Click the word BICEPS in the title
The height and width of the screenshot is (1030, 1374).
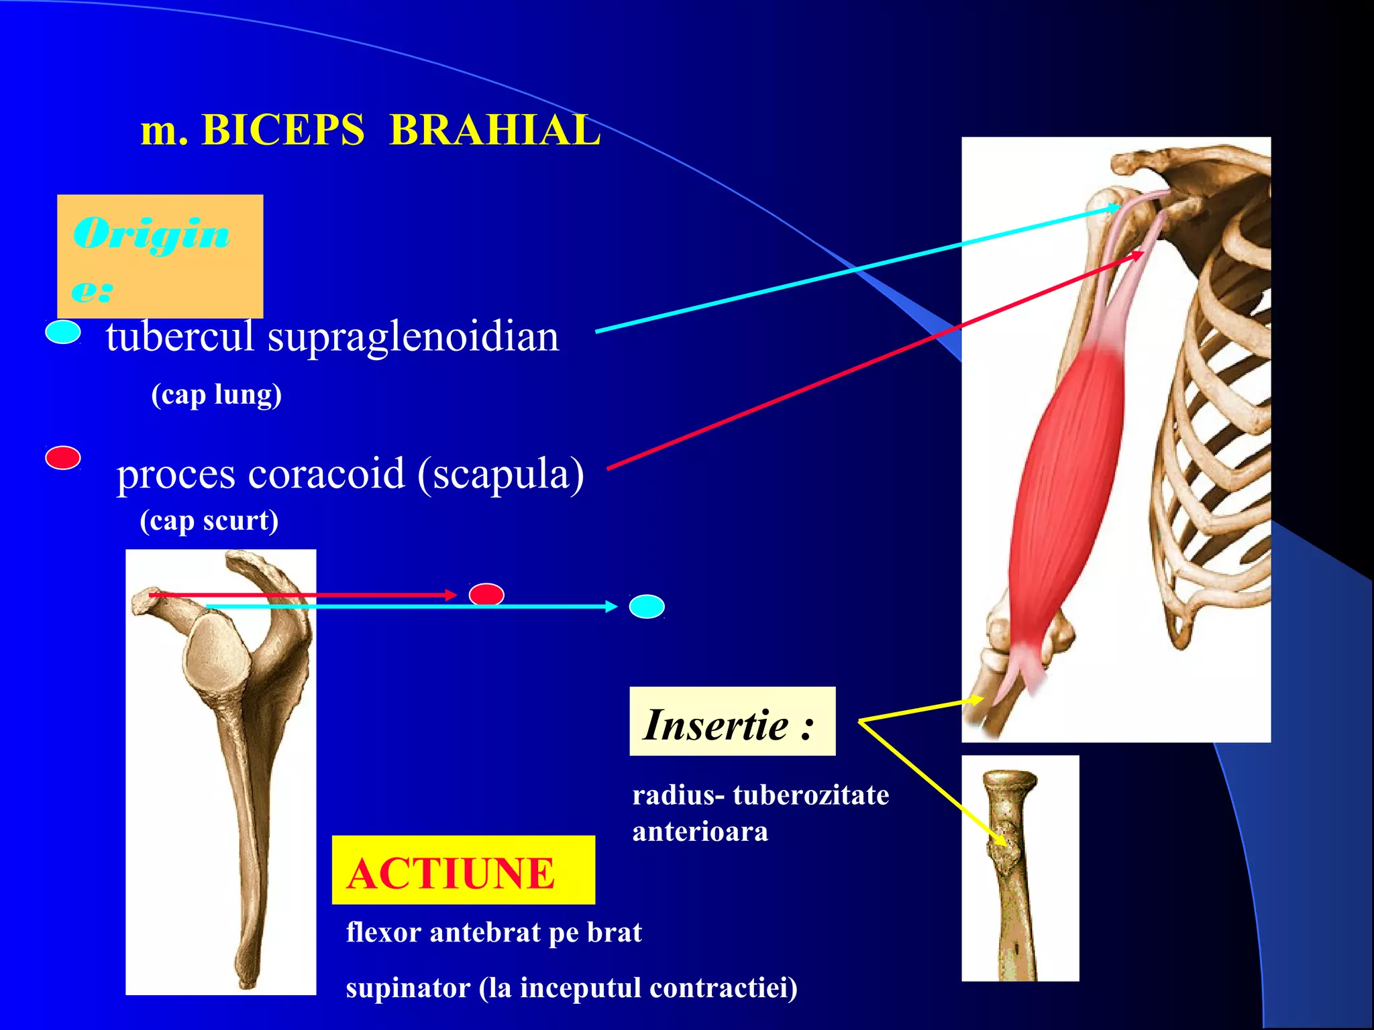(x=282, y=129)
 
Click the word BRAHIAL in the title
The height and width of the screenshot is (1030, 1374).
(x=494, y=129)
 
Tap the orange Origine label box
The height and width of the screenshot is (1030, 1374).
(x=160, y=255)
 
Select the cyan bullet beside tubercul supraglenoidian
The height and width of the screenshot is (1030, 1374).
(x=63, y=332)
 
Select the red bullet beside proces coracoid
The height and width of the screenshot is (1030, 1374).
(x=63, y=458)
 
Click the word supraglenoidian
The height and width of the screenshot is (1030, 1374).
(x=413, y=337)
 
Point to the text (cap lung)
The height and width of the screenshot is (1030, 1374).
(x=216, y=394)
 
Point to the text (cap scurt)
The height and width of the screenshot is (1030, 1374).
(x=209, y=520)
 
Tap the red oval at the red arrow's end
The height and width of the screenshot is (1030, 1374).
(x=486, y=594)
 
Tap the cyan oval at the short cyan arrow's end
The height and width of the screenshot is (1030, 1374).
(x=647, y=607)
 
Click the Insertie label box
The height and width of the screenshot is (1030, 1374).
(x=732, y=722)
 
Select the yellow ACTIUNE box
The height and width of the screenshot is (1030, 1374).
(x=463, y=870)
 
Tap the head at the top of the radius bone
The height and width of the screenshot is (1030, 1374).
(x=1009, y=781)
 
